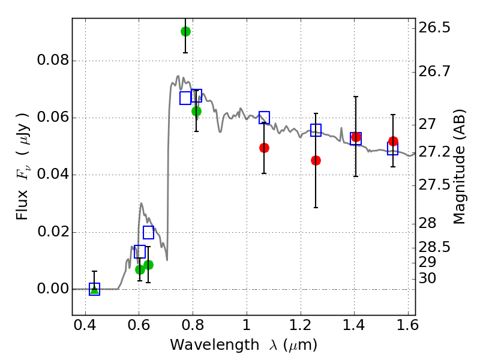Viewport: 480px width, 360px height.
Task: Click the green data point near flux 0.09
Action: [x=185, y=32]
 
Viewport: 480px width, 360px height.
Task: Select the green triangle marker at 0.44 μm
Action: [x=95, y=289]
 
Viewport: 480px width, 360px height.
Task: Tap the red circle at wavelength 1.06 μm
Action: [x=264, y=148]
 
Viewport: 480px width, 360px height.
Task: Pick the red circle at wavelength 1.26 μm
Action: [x=316, y=160]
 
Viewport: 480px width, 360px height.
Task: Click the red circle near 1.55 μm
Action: [x=394, y=141]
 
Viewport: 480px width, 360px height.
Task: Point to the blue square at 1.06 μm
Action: [x=264, y=118]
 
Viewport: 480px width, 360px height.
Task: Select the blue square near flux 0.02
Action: [x=148, y=233]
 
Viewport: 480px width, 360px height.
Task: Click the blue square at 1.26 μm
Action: [x=316, y=130]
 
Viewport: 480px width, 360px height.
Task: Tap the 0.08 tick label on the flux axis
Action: [x=53, y=61]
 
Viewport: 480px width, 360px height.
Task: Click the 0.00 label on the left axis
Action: [x=53, y=289]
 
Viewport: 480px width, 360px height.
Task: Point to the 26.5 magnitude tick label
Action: [x=434, y=28]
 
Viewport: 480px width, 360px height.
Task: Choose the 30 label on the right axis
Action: [x=427, y=278]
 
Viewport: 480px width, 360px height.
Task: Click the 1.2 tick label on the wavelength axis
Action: [x=301, y=325]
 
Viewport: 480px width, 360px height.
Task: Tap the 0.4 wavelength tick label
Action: [x=85, y=325]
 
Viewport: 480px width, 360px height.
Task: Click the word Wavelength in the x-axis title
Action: [x=215, y=345]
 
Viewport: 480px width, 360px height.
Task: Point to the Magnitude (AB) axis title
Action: [x=458, y=167]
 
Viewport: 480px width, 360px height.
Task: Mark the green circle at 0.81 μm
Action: [x=197, y=111]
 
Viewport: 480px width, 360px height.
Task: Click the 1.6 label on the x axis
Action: [x=408, y=325]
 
